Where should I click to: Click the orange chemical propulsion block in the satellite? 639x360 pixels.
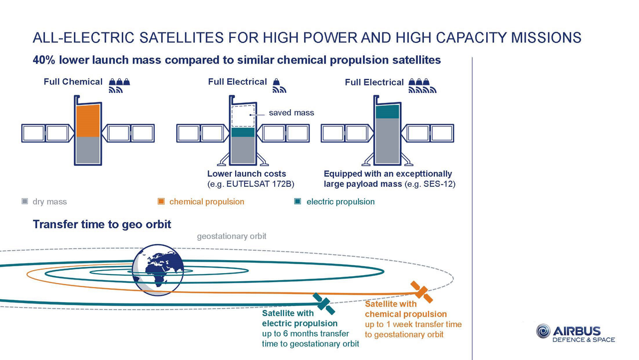(88, 121)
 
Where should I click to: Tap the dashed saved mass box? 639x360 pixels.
(243, 116)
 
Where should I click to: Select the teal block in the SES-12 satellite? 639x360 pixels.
(387, 112)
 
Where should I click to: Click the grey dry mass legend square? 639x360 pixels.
(24, 201)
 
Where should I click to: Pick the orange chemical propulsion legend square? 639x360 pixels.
(161, 201)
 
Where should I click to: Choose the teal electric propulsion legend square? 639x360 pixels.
(298, 201)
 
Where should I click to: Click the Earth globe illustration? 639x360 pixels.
(158, 267)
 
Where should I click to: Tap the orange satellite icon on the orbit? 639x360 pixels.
(421, 292)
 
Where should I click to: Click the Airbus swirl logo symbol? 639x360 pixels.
(543, 331)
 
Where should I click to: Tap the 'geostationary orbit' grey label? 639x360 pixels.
(232, 236)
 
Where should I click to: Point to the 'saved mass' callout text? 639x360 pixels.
(292, 112)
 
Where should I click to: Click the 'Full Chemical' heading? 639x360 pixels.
(73, 82)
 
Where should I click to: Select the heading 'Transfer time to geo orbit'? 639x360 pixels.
(102, 224)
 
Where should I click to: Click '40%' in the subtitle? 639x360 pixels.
(44, 60)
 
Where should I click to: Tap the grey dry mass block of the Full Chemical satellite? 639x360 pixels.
(88, 150)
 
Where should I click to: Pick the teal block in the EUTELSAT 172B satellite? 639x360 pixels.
(243, 132)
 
